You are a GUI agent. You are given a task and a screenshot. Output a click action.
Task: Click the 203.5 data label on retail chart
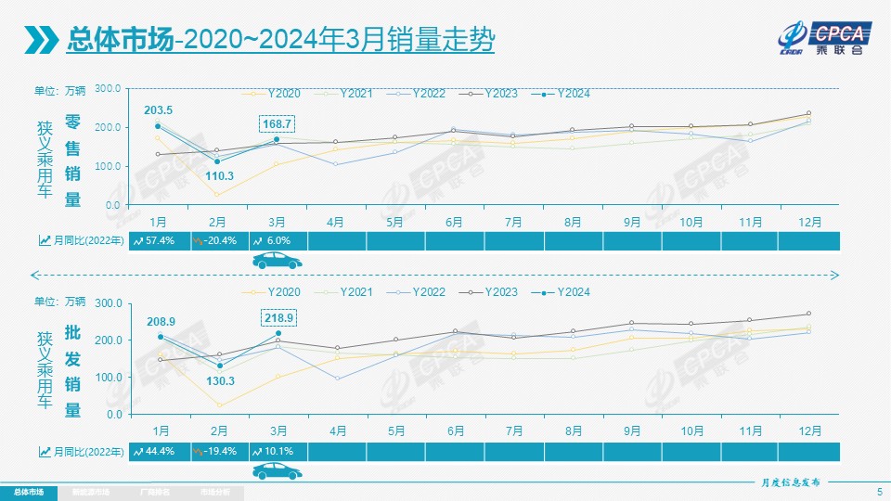158,110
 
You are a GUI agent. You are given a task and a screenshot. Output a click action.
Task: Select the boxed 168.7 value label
277,123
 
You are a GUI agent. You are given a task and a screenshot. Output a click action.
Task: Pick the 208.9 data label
161,321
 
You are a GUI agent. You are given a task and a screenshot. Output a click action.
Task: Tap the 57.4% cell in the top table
159,240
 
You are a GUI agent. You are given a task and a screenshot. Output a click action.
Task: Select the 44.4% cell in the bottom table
159,451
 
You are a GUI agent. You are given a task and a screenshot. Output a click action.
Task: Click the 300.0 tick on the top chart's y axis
109,88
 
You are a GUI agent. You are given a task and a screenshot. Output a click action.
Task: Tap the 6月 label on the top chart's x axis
455,222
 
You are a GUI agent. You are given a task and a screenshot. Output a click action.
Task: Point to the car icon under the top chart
278,261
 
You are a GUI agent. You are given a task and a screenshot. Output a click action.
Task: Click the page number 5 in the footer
879,491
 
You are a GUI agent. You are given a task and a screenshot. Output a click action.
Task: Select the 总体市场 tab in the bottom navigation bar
28,491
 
